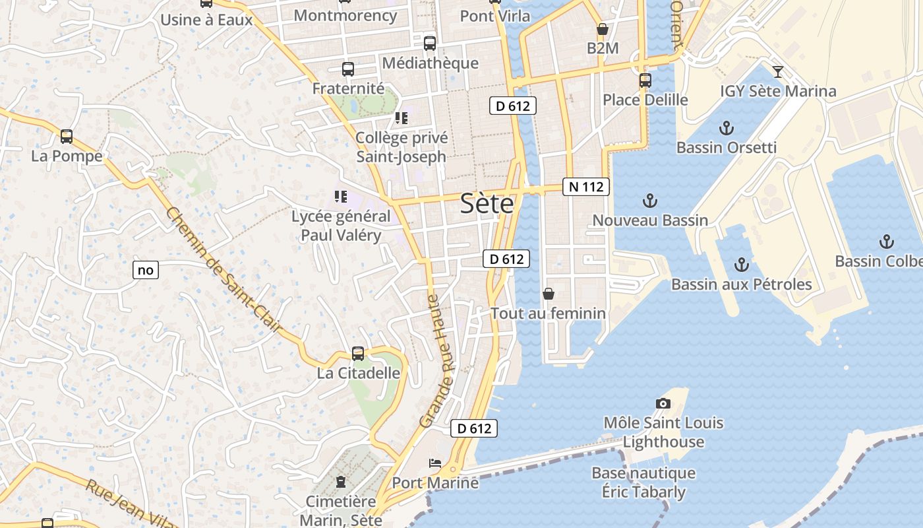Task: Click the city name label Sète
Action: pos(487,203)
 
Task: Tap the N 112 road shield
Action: pos(585,187)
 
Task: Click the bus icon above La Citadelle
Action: pos(358,354)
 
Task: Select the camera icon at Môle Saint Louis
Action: pos(663,403)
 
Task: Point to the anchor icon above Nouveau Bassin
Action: pos(651,201)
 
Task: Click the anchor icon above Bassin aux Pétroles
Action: pos(742,265)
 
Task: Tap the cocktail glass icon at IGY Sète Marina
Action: pos(778,72)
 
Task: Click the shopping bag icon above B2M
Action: pos(602,30)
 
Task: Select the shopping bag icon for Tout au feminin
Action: pos(549,294)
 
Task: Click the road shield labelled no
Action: pos(146,269)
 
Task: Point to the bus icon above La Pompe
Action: pos(67,137)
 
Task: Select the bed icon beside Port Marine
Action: pos(435,463)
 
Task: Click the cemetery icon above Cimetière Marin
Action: pos(341,482)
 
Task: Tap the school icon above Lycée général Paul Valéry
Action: pos(341,197)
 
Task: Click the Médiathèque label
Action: pos(430,63)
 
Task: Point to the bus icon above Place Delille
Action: pos(645,81)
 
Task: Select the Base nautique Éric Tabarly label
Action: pos(643,482)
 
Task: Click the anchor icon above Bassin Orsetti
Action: pos(727,128)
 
